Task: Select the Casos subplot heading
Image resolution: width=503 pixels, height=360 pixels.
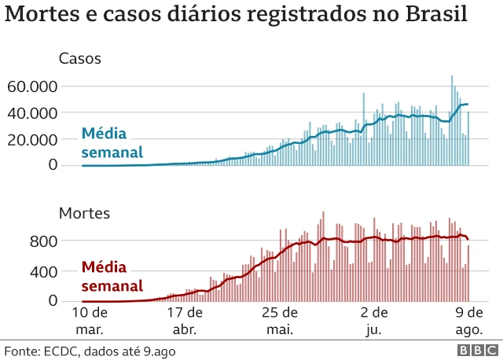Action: [x=80, y=58]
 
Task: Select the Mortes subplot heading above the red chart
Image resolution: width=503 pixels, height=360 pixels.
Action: [x=84, y=212]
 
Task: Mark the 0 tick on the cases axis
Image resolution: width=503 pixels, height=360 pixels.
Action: [x=52, y=165]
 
